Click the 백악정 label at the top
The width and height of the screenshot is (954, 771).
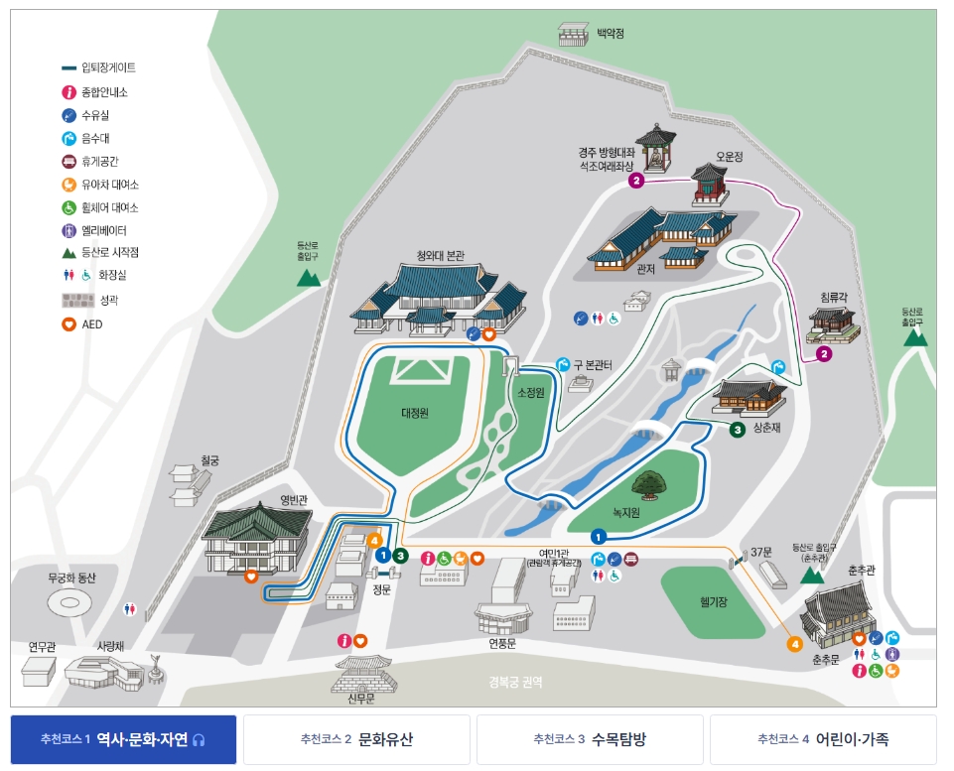tap(611, 33)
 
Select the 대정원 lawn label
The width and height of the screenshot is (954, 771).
tap(415, 413)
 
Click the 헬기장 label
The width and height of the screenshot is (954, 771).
tap(714, 601)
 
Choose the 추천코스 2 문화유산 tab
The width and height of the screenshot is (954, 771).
tap(356, 740)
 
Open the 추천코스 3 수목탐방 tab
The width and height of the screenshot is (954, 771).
tap(590, 740)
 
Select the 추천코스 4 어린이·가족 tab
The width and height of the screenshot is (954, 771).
tap(823, 740)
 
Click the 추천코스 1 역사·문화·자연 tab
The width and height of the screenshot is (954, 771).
tap(123, 740)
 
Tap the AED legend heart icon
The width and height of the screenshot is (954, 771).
tap(68, 324)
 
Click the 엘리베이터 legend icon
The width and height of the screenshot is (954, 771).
tap(68, 230)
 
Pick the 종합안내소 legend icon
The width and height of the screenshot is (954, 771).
tap(68, 92)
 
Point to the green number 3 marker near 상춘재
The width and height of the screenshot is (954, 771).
tap(738, 430)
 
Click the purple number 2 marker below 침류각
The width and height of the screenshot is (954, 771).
tap(823, 353)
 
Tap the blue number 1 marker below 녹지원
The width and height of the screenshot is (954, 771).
tap(599, 537)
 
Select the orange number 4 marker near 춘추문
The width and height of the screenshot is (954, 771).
tap(794, 644)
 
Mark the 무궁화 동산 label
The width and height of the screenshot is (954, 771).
tap(72, 578)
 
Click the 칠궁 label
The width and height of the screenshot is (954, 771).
tap(208, 459)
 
